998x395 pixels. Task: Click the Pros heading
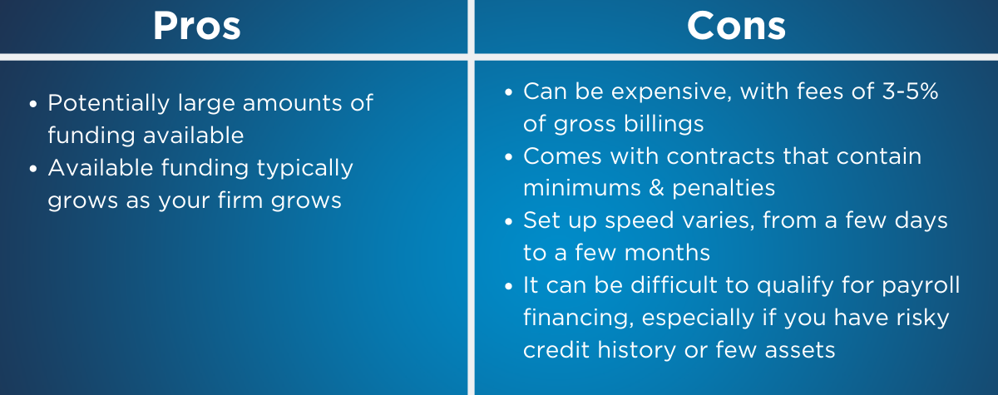click(x=197, y=26)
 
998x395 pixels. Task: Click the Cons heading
click(x=736, y=26)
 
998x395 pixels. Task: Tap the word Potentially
click(x=109, y=104)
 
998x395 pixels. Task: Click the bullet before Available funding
click(x=33, y=169)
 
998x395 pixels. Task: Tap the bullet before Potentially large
click(x=33, y=104)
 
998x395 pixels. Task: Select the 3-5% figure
click(x=910, y=91)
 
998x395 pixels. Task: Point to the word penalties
click(x=724, y=189)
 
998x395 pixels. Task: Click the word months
click(x=667, y=253)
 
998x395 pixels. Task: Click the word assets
click(x=800, y=350)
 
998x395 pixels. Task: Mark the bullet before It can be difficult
click(x=509, y=286)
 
